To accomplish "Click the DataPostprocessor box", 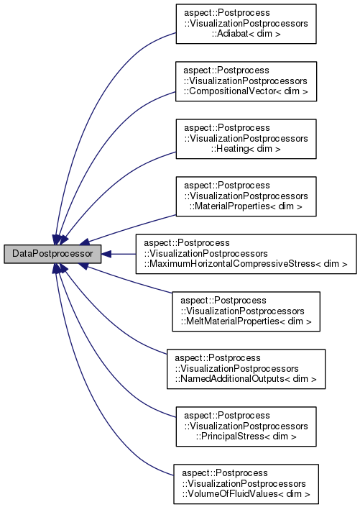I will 52,254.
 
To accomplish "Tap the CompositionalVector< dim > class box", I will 246,81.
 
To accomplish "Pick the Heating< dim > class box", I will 246,139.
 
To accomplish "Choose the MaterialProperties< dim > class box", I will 246,196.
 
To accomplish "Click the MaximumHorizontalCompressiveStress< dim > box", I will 246,254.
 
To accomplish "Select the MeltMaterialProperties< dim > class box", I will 246,311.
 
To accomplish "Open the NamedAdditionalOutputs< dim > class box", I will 246,369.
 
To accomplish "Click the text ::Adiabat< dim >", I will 245,33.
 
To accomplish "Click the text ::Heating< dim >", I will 245,149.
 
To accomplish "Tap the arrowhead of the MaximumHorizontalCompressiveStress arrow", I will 106,254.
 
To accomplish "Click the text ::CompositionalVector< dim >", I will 245,91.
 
